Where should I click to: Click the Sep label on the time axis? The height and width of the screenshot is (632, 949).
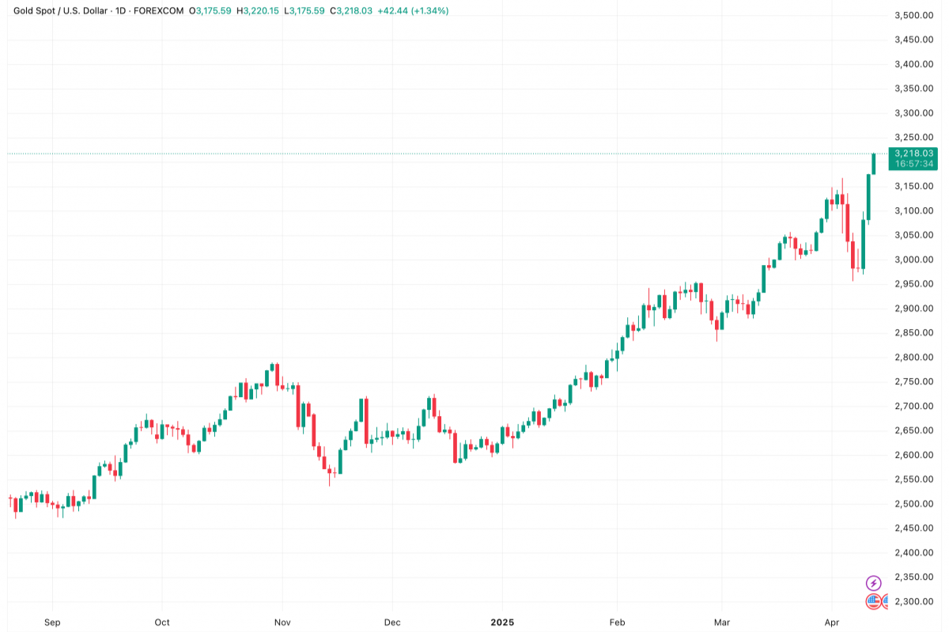pos(52,623)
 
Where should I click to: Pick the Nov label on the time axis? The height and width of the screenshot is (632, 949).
pos(282,623)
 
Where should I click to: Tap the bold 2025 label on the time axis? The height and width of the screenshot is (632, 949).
pos(501,623)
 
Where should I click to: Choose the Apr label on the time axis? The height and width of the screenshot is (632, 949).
pos(831,623)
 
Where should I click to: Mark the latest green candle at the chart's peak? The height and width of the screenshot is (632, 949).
pos(874,164)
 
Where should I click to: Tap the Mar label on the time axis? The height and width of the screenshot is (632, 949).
pos(721,623)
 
